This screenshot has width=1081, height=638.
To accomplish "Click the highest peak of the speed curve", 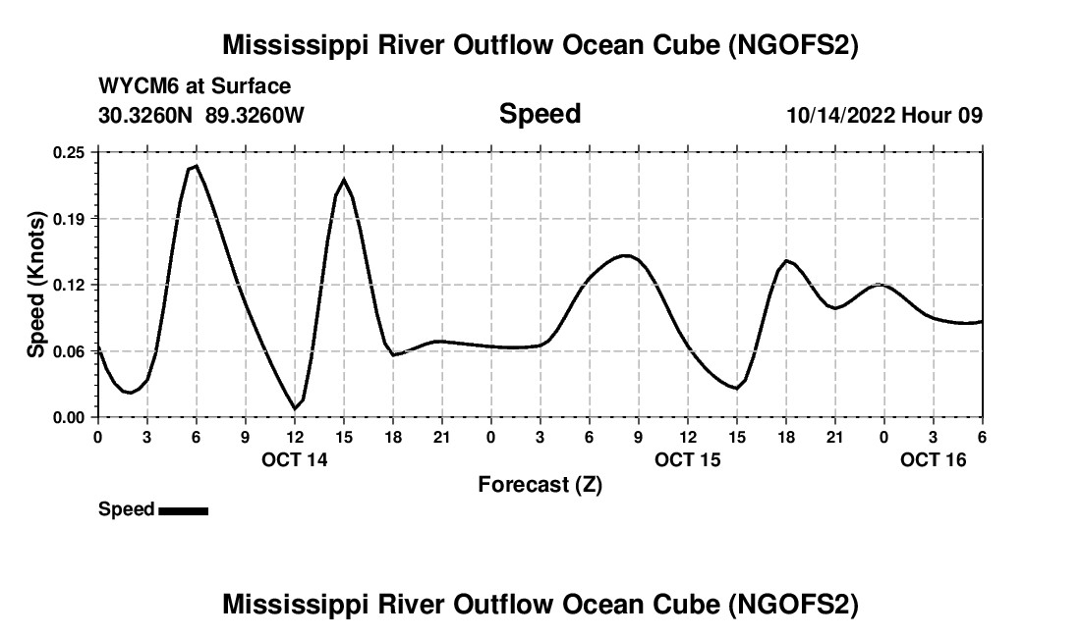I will pos(196,166).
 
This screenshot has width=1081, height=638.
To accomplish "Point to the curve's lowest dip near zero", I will pos(295,408).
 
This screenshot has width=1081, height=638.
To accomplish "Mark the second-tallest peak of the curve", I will pos(344,180).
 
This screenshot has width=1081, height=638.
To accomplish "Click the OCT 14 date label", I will pos(295,459).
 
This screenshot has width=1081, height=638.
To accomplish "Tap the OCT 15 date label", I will pos(688,459).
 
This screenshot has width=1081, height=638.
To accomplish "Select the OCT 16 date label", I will pos(934,459).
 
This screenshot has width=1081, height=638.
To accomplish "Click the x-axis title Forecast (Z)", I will pos(540,484).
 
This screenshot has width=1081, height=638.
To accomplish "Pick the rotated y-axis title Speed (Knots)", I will pos(37,285).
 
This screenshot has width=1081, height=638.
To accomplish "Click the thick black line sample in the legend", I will pos(183,510).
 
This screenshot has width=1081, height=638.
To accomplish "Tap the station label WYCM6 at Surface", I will pos(195,86).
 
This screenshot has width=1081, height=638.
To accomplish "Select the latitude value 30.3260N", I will pos(147,115).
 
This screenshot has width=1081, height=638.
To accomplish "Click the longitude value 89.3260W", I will pos(256,115).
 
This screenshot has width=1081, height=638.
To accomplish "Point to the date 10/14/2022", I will pos(839,115).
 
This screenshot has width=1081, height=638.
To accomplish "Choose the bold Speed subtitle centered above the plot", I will pos(540,114).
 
